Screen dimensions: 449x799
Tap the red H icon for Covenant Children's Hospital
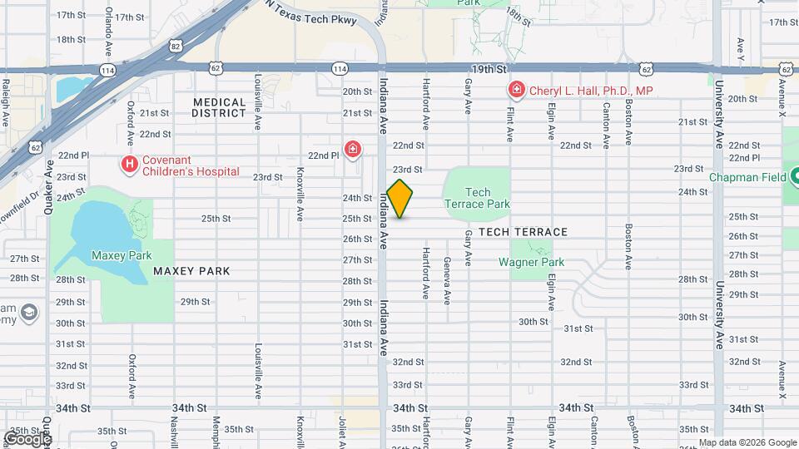pos(129,165)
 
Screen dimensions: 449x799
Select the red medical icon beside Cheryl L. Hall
pos(516,90)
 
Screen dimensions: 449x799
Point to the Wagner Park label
pos(531,262)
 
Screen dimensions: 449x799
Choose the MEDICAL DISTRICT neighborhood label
pos(220,107)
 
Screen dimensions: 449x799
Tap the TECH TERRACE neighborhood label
pos(523,232)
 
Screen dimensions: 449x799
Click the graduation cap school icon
pos(29,312)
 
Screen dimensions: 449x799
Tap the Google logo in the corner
pos(27,438)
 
